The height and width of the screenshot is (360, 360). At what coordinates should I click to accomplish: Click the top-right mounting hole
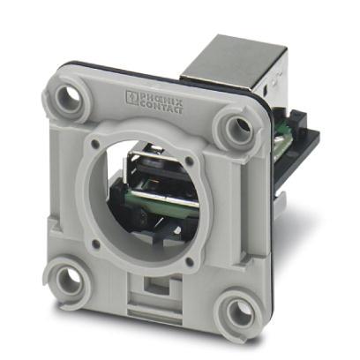tap(240, 126)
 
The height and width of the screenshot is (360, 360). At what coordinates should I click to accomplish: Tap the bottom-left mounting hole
tap(70, 281)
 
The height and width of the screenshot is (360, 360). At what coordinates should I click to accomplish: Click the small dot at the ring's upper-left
tap(94, 143)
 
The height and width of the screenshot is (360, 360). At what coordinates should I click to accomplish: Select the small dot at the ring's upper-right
tap(190, 161)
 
